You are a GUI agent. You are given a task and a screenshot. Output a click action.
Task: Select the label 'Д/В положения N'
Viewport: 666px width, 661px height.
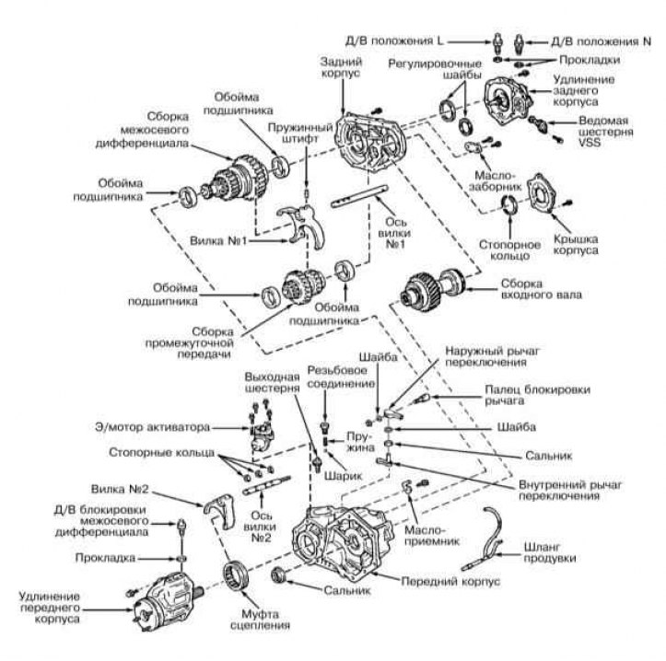594,41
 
